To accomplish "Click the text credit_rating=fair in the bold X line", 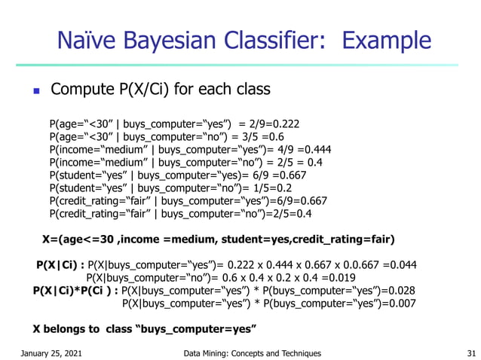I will point(344,239).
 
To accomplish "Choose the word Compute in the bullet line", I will point(82,90).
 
